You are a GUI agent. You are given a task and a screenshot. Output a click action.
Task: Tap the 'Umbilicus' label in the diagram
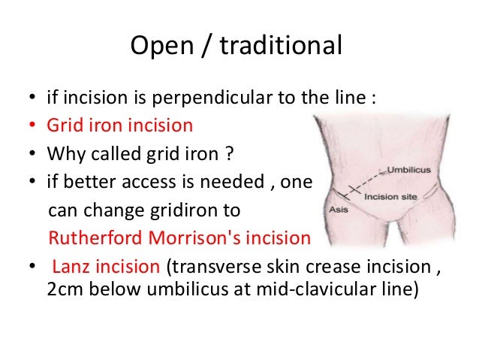(408, 171)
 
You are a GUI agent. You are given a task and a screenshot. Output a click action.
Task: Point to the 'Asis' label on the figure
(339, 210)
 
